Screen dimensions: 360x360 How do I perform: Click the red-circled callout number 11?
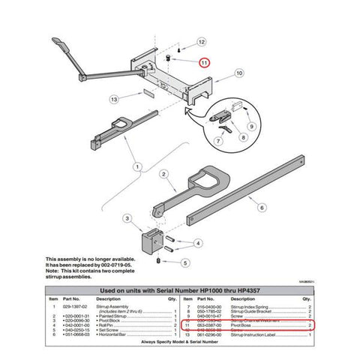(x=203, y=64)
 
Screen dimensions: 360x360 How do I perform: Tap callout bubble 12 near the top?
(x=202, y=42)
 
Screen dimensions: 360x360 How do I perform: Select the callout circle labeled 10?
(x=238, y=73)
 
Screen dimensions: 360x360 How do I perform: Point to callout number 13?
(x=114, y=98)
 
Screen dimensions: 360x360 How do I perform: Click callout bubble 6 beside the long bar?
(x=262, y=205)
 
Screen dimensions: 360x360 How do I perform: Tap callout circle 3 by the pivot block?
(x=127, y=218)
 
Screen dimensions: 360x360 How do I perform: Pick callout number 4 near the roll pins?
(x=197, y=243)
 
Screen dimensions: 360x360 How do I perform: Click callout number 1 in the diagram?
(x=136, y=164)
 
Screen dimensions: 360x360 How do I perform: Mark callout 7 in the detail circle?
(x=219, y=142)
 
